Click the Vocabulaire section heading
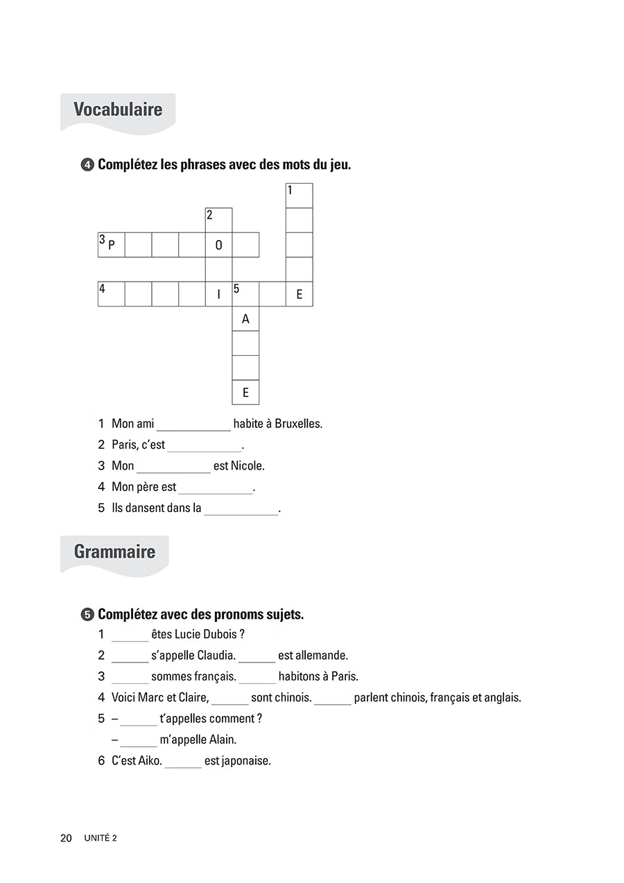(x=118, y=110)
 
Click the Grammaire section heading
(x=114, y=552)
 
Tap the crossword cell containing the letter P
(x=111, y=245)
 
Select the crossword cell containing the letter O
(x=218, y=245)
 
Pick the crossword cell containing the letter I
(x=218, y=294)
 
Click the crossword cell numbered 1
(x=300, y=196)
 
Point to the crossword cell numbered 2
(x=218, y=220)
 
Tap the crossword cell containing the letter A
(x=245, y=319)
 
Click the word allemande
(x=313, y=655)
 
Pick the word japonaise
(x=238, y=761)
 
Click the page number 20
(x=66, y=839)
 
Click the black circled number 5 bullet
(x=87, y=615)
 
